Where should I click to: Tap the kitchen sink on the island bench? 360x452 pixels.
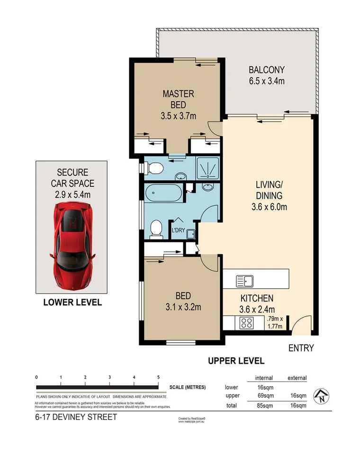pyautogui.click(x=245, y=281)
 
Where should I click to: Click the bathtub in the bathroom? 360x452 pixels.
pyautogui.click(x=163, y=195)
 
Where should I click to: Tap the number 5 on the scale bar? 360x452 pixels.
pyautogui.click(x=158, y=377)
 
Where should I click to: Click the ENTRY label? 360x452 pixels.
pyautogui.click(x=301, y=348)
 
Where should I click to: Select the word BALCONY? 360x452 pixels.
pyautogui.click(x=266, y=71)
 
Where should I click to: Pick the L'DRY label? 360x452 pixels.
pyautogui.click(x=178, y=230)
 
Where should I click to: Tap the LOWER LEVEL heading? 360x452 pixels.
pyautogui.click(x=72, y=302)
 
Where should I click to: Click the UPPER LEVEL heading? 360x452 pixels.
pyautogui.click(x=236, y=361)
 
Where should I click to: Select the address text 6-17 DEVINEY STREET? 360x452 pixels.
pyautogui.click(x=76, y=417)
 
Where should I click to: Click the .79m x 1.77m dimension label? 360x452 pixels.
pyautogui.click(x=275, y=322)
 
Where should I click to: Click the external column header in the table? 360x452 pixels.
pyautogui.click(x=297, y=378)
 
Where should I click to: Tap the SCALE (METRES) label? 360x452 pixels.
pyautogui.click(x=188, y=387)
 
